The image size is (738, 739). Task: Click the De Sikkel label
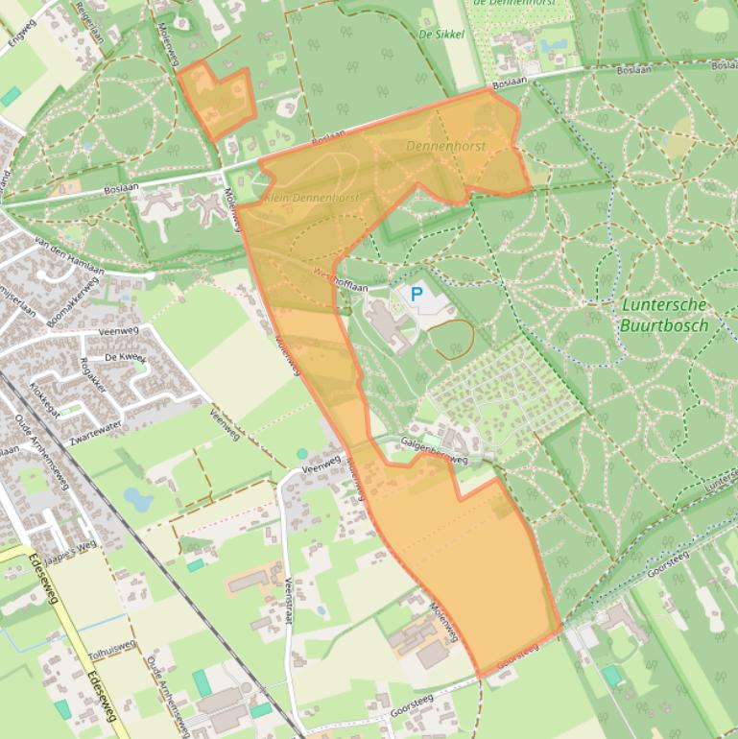(441, 35)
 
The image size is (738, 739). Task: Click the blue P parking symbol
(417, 295)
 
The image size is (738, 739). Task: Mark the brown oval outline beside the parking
(450, 340)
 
